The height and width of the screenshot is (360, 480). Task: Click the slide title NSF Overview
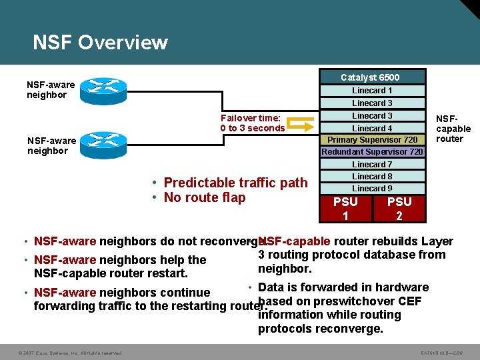[100, 43]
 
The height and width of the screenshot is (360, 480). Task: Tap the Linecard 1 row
[373, 91]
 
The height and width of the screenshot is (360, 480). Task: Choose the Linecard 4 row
[373, 128]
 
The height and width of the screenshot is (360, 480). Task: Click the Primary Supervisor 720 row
[373, 140]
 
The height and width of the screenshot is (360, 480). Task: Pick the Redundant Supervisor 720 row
[373, 152]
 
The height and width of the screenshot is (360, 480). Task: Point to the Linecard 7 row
[373, 165]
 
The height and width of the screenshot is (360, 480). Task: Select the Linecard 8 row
[373, 177]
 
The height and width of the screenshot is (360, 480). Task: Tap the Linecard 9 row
[373, 189]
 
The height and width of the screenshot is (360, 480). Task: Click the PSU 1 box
[345, 208]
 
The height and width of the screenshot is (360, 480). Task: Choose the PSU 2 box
[399, 208]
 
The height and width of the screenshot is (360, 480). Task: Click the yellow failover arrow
[303, 124]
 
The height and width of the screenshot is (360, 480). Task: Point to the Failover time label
[252, 123]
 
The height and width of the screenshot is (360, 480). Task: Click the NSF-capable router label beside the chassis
[453, 129]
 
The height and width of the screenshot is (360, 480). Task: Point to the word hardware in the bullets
[401, 287]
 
